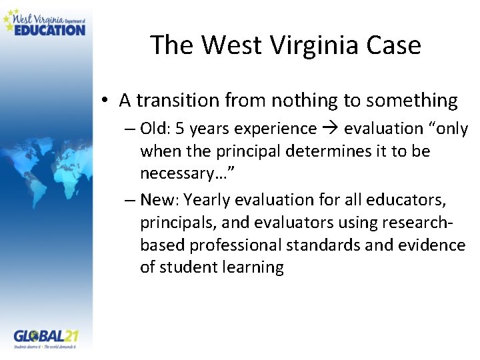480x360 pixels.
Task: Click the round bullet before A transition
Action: coord(106,101)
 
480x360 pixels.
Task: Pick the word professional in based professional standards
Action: coord(236,245)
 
